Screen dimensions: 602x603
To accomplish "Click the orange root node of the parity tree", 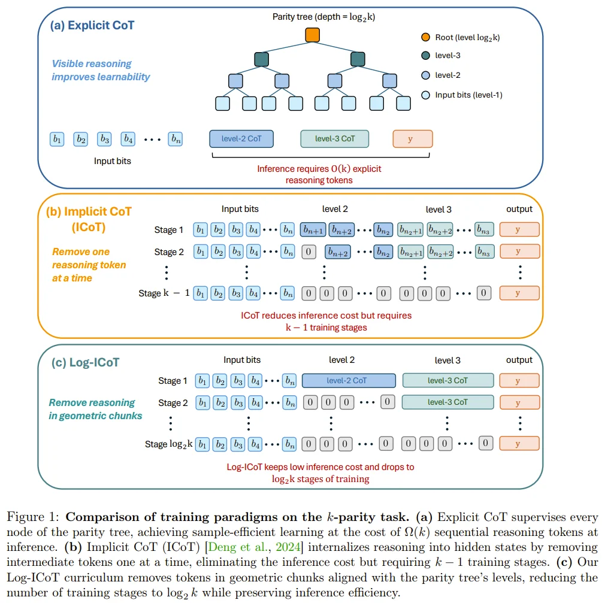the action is coord(312,35).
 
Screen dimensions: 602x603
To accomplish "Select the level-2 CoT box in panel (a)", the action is coord(241,139).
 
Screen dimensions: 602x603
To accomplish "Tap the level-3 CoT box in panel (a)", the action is coord(334,139).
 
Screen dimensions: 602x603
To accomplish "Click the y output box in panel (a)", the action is coord(412,139).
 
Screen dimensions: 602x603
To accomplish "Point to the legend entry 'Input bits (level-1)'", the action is coord(462,95).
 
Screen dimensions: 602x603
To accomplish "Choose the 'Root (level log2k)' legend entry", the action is coord(461,37).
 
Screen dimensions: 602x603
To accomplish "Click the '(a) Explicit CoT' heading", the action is coord(92,25).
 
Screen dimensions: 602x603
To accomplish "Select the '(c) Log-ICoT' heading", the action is coord(86,362).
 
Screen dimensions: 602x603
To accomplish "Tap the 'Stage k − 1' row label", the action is coord(164,293).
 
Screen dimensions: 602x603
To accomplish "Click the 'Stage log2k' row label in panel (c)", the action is coord(168,444).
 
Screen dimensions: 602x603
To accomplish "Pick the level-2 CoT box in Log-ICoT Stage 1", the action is coord(349,380).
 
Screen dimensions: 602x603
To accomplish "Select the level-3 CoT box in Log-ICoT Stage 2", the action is coord(447,402).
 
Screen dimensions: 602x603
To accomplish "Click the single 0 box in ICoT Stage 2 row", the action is coord(308,252).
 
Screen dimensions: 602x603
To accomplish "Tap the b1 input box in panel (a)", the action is coord(57,139).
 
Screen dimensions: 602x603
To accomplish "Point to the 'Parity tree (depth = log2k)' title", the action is coord(323,17).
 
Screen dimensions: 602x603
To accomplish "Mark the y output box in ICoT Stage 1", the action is coord(519,229).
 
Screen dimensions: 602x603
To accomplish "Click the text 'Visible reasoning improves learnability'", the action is coord(101,71).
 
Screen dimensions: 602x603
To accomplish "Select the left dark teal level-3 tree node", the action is coord(262,59).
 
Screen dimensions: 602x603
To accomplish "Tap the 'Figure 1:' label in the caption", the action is coord(33,517).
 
